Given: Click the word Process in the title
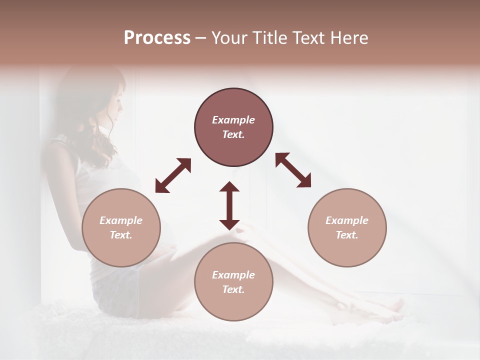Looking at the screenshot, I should coord(157,38).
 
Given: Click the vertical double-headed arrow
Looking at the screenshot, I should coord(229,205).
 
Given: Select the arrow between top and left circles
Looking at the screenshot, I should coord(173,175).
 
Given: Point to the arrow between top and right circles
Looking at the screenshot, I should coord(293,170).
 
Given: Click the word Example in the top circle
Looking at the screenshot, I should coord(233,120).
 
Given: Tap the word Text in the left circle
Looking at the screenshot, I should coord(121,235).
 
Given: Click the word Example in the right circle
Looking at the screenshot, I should coord(347,220).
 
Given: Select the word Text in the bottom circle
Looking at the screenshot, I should coord(233,289).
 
